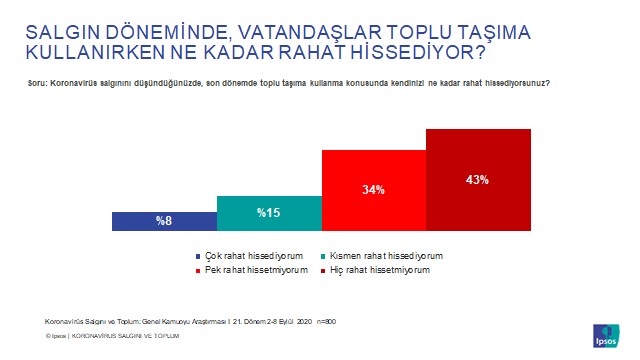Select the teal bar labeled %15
pyautogui.click(x=269, y=213)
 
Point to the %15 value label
pyautogui.click(x=268, y=212)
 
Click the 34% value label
pyautogui.click(x=373, y=188)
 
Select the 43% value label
pyautogui.click(x=477, y=180)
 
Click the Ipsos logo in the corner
pyautogui.click(x=606, y=333)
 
